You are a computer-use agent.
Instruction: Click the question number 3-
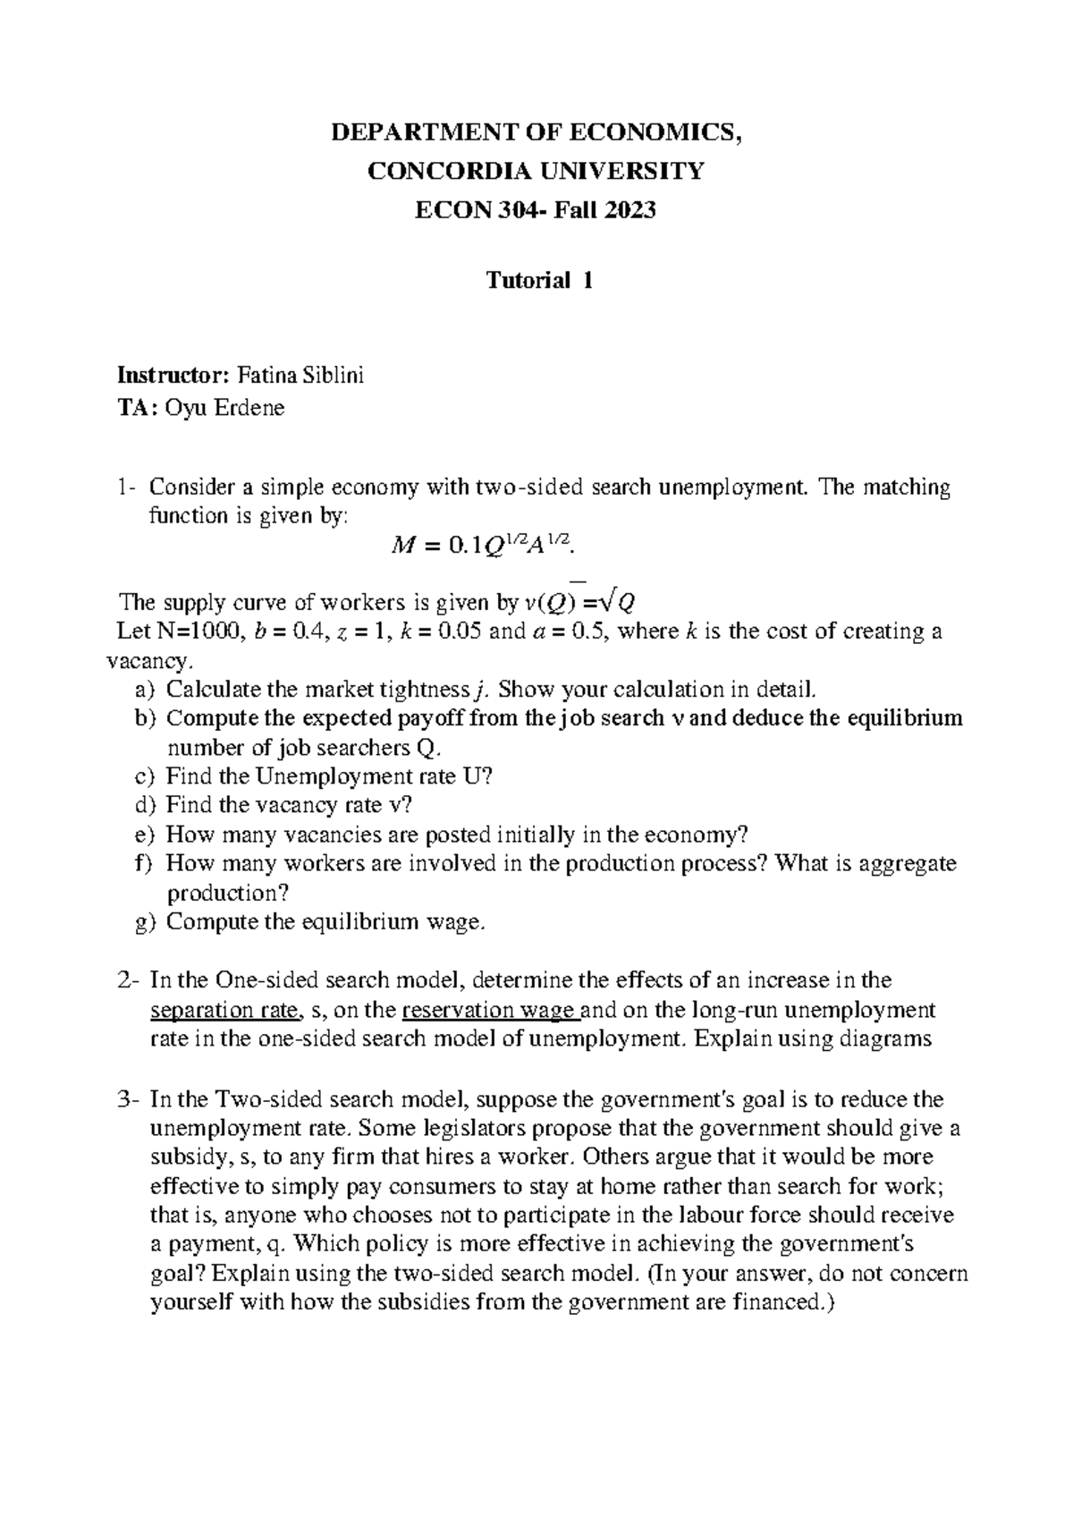tap(130, 1098)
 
